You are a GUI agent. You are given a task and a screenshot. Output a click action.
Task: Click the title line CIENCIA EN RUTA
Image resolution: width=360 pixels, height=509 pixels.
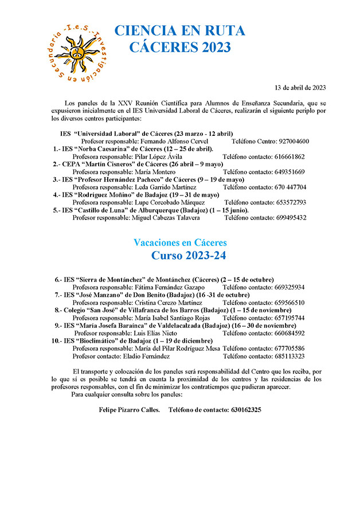click(179, 31)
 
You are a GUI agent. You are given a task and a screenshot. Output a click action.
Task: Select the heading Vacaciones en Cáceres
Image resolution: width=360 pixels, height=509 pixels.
click(180, 242)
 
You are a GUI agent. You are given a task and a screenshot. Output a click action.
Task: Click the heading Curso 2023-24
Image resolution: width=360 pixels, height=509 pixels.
click(189, 256)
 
